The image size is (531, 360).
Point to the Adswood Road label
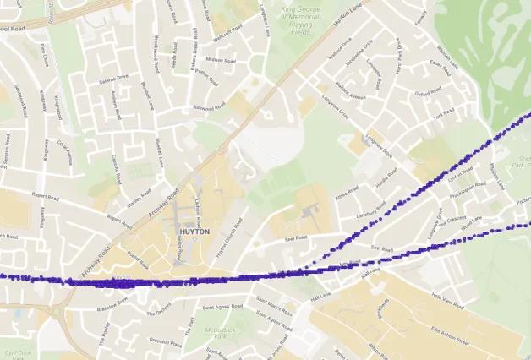coord(209,107)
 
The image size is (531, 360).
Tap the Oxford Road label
coord(429,94)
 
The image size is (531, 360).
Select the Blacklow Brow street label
coord(112,300)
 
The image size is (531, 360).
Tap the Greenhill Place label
coord(166,344)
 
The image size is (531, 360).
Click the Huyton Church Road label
coord(223,244)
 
